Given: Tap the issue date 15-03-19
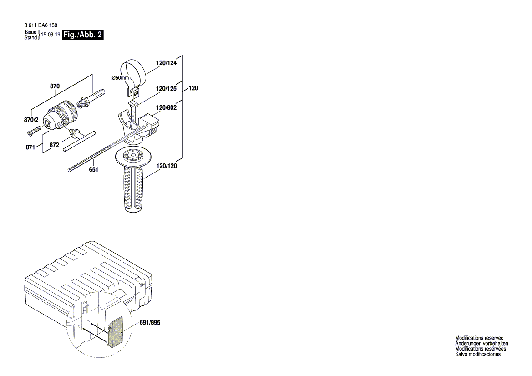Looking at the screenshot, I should click(x=51, y=35).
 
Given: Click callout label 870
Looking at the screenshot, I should click(x=55, y=86).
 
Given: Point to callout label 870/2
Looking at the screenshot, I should click(x=31, y=119).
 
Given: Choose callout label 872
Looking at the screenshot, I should click(x=54, y=145).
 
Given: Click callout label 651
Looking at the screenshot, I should click(x=93, y=169).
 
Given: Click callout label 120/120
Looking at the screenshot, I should click(x=167, y=166).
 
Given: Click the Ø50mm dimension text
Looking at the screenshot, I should click(x=121, y=78).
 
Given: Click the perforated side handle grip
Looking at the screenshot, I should click(x=134, y=188).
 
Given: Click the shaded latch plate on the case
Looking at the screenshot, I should click(x=118, y=331).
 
